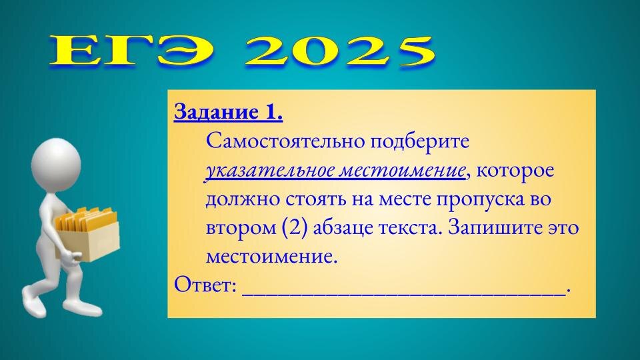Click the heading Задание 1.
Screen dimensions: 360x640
(228, 113)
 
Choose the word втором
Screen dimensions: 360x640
(238, 227)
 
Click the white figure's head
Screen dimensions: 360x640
(57, 163)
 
